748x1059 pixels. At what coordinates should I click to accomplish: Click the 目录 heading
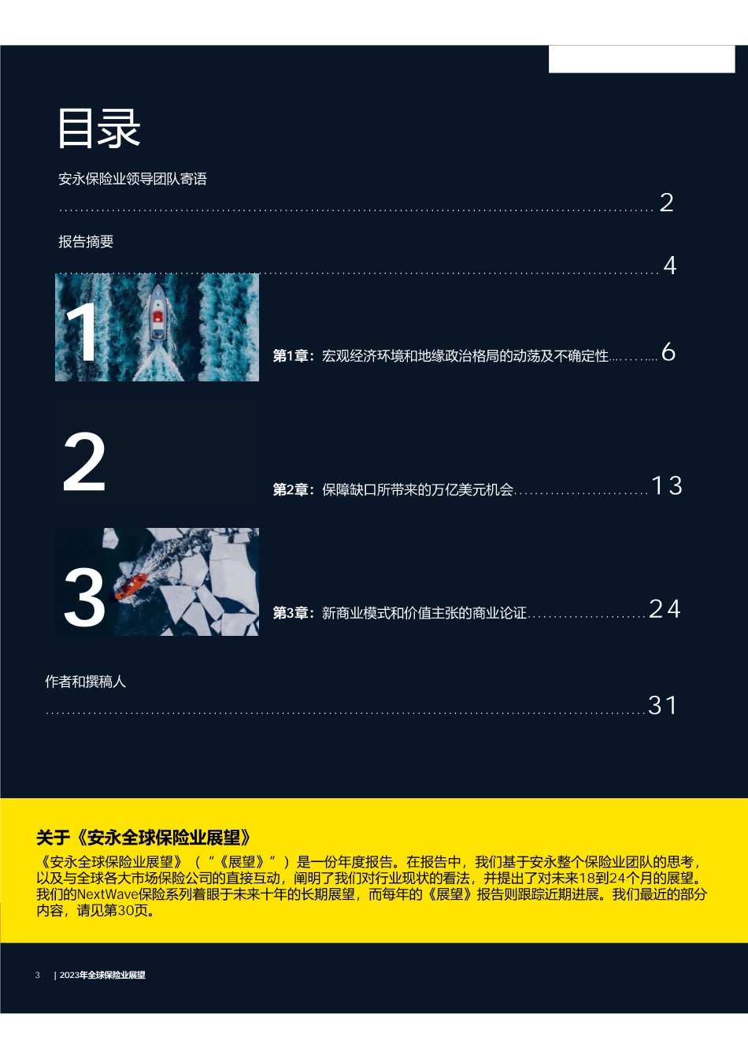(x=98, y=128)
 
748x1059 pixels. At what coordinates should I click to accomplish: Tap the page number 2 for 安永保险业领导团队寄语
(x=666, y=203)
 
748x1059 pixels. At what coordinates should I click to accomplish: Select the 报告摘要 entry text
(x=86, y=242)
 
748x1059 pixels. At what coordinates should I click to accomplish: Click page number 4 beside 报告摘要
(x=670, y=266)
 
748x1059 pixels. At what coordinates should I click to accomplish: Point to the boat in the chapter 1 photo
(x=157, y=313)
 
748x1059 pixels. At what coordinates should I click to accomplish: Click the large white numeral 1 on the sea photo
(x=83, y=332)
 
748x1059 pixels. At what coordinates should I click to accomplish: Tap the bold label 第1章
(x=290, y=356)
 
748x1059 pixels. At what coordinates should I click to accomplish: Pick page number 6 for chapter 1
(x=668, y=352)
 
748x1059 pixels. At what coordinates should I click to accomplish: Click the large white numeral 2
(x=84, y=463)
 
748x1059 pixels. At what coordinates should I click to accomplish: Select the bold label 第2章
(x=290, y=489)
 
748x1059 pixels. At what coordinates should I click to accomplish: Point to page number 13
(x=667, y=485)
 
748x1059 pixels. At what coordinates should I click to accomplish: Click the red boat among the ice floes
(x=131, y=586)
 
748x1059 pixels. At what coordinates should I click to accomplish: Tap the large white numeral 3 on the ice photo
(x=84, y=597)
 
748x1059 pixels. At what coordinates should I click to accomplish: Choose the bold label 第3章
(x=290, y=613)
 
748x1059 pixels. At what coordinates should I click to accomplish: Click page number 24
(x=665, y=609)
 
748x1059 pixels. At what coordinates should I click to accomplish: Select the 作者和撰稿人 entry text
(x=86, y=682)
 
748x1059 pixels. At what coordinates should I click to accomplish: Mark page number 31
(x=662, y=705)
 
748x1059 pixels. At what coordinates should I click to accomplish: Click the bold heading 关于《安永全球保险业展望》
(x=143, y=838)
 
